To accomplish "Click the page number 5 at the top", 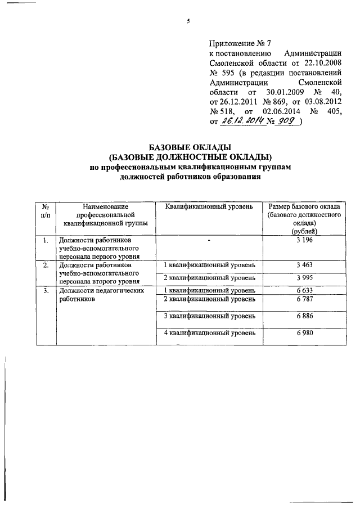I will point(188,22).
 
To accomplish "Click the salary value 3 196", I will point(304,241).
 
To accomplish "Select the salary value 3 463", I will point(304,264).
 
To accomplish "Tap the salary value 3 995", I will point(304,278).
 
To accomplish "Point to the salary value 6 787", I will point(304,299).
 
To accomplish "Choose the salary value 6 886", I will point(304,317).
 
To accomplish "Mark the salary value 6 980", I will point(304,334).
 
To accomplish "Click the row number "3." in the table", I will point(45,291).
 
